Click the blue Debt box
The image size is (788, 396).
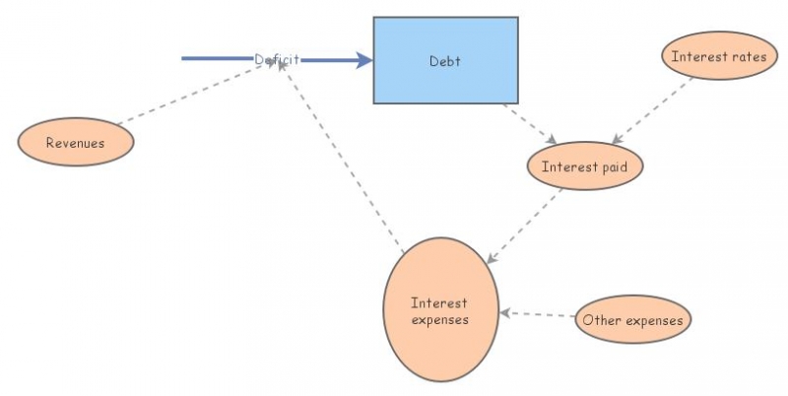[x=445, y=84]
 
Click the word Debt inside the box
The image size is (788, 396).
[x=445, y=61]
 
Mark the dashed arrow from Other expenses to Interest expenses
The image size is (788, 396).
[x=538, y=315]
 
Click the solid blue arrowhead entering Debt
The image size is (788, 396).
[x=364, y=60]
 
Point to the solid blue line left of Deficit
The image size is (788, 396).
[x=217, y=59]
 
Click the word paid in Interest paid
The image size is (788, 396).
[x=614, y=166]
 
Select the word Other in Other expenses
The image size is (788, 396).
[x=600, y=319]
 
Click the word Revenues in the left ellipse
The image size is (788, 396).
[x=75, y=143]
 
